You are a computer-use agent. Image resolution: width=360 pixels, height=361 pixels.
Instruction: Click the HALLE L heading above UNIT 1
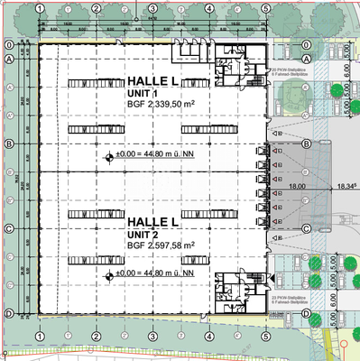pyautogui.click(x=154, y=82)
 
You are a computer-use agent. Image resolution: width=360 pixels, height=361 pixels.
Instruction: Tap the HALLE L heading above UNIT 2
pyautogui.click(x=154, y=221)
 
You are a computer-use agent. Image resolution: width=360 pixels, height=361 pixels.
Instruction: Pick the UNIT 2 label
pyautogui.click(x=143, y=233)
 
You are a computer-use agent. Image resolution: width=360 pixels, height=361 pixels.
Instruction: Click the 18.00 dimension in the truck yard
pyautogui.click(x=297, y=187)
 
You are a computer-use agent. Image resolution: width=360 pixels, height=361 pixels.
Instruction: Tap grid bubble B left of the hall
pyautogui.click(x=9, y=144)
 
